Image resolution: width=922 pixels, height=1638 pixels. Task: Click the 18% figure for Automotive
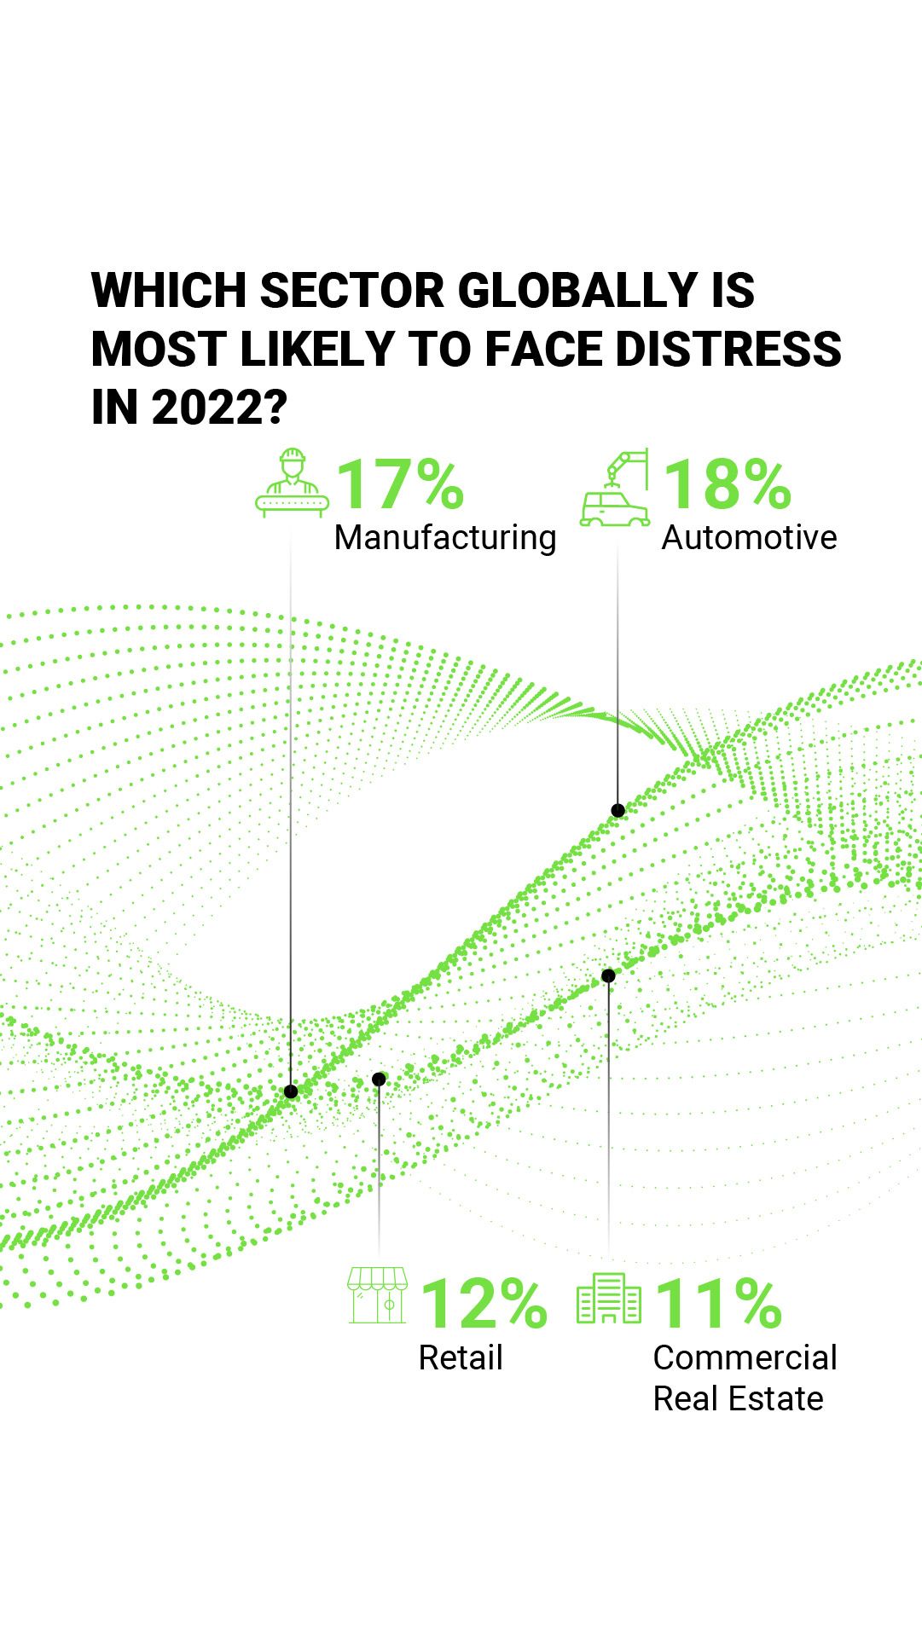pos(728,484)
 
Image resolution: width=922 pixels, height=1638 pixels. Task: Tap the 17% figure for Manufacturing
pos(400,484)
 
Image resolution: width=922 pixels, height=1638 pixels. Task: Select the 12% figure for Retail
pos(484,1304)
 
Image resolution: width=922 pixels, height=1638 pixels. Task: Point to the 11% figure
pos(718,1304)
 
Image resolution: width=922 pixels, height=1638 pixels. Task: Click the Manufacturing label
pos(445,538)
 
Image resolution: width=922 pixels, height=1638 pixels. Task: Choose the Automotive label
pos(749,538)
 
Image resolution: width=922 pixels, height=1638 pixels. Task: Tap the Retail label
pos(461,1357)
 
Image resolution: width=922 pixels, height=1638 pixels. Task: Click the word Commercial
pos(745,1357)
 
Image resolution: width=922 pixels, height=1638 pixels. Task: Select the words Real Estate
pos(738,1399)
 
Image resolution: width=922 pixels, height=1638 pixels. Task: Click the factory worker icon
pos(293,483)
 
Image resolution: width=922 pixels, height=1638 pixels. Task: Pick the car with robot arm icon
pos(615,489)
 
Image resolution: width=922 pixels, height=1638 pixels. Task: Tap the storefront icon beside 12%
pos(377,1295)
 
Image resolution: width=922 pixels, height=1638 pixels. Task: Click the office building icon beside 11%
pos(609,1299)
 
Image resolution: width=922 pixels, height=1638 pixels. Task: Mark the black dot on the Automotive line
pos(618,810)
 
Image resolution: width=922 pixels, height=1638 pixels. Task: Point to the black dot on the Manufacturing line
pos(291,1091)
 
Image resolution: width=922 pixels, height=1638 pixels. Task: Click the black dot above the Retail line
pos(380,1079)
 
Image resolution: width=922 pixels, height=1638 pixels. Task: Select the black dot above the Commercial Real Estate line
pos(608,975)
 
